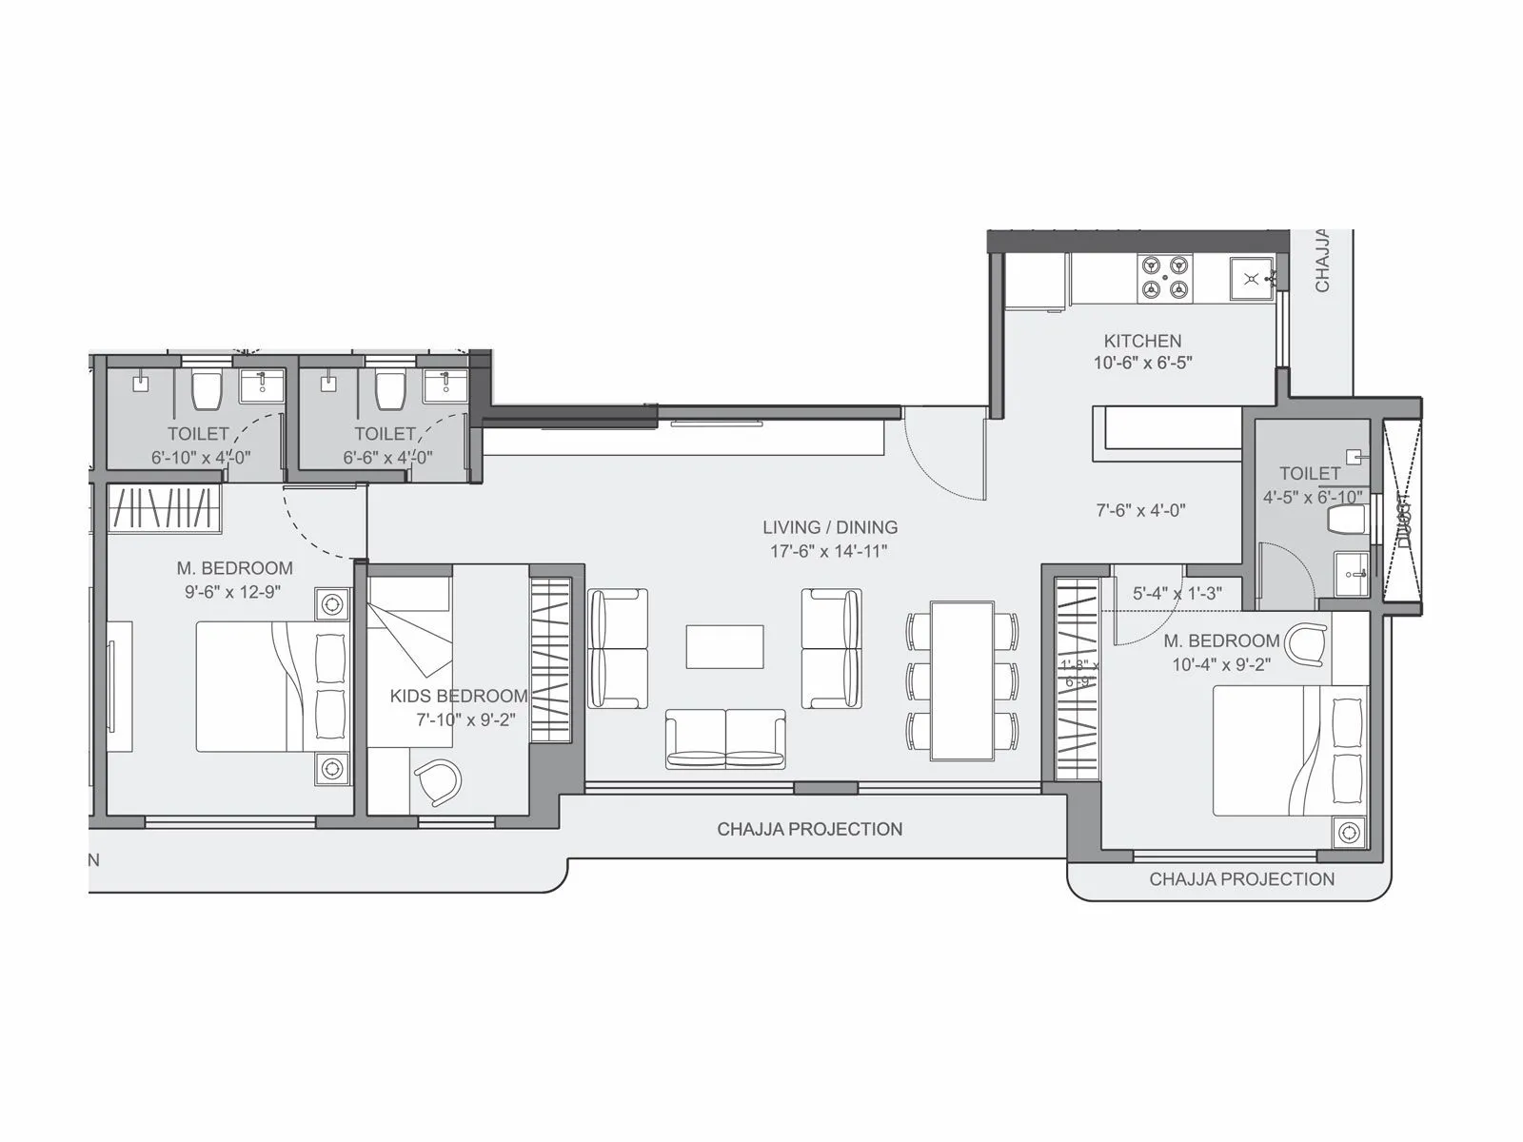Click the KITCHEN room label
coord(1142,341)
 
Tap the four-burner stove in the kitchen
coord(1165,277)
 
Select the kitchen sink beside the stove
coord(1251,279)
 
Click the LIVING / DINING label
coord(829,527)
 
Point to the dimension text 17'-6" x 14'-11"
coord(829,551)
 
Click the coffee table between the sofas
coord(724,646)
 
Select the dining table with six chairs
coord(962,679)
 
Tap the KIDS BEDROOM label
coord(458,697)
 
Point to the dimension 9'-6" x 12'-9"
coord(234,592)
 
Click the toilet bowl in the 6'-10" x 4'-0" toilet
coord(207,389)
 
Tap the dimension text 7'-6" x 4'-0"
coord(1140,510)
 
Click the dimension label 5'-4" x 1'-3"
coord(1177,593)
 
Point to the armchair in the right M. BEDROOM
coord(1305,643)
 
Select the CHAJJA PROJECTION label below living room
coord(809,829)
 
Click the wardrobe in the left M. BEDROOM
coord(164,508)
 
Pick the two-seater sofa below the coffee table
coord(725,738)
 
